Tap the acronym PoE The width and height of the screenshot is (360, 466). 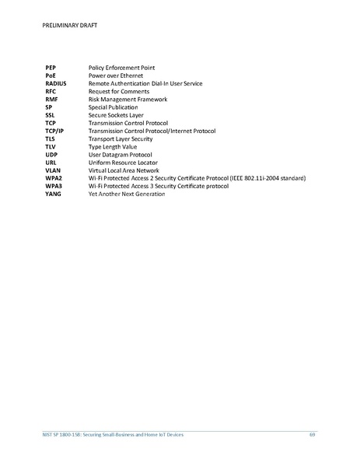click(x=51, y=76)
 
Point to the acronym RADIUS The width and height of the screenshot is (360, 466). click(x=56, y=84)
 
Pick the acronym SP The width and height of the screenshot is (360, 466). click(x=48, y=107)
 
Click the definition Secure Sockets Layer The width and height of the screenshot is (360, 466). click(x=116, y=115)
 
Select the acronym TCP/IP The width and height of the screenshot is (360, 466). click(x=54, y=131)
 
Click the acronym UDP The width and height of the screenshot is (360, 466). click(x=51, y=154)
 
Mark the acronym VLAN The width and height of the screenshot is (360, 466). click(x=53, y=170)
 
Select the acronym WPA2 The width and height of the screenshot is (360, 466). click(x=53, y=178)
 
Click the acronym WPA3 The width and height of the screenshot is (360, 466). click(x=53, y=186)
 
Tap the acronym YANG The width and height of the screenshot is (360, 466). click(x=53, y=194)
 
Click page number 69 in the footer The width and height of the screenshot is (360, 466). click(x=312, y=434)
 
